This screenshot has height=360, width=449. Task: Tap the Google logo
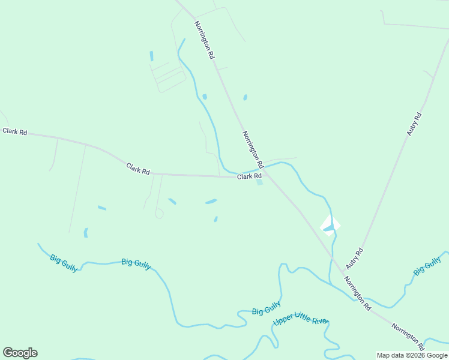click(x=20, y=353)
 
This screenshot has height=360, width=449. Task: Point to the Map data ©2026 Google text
click(x=412, y=355)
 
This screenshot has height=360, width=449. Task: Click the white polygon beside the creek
click(x=330, y=225)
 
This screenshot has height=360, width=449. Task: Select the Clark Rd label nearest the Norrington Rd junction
click(x=249, y=176)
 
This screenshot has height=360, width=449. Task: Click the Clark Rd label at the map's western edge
click(x=14, y=131)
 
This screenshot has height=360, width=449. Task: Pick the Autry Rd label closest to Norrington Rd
click(x=355, y=259)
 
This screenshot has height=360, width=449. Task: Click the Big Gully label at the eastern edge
click(x=427, y=265)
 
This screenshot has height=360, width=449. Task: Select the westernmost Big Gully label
click(x=64, y=263)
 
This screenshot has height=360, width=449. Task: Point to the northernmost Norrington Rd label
click(x=204, y=40)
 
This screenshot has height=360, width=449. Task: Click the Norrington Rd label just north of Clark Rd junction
click(x=253, y=149)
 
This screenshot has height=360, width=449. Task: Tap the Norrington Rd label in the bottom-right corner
click(x=408, y=337)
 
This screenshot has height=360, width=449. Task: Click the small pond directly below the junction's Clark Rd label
click(x=260, y=183)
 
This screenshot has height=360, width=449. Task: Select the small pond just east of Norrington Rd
click(x=245, y=97)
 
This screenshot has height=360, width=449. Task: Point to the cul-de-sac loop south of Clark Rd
click(x=159, y=214)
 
